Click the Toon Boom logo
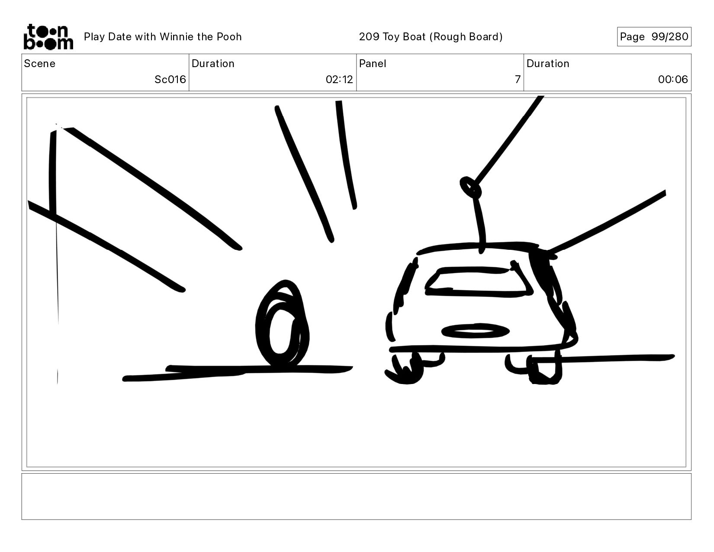tap(48, 36)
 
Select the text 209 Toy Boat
tap(392, 37)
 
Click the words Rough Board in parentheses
tap(466, 37)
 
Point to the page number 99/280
tap(670, 36)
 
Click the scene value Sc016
tap(170, 79)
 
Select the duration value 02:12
tap(339, 79)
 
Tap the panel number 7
tap(518, 79)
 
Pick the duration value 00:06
tap(672, 79)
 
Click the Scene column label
tap(40, 64)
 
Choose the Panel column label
tap(373, 64)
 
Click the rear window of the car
tap(479, 282)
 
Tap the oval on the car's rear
tap(475, 331)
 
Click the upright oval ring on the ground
tap(282, 323)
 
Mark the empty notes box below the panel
tap(357, 497)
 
